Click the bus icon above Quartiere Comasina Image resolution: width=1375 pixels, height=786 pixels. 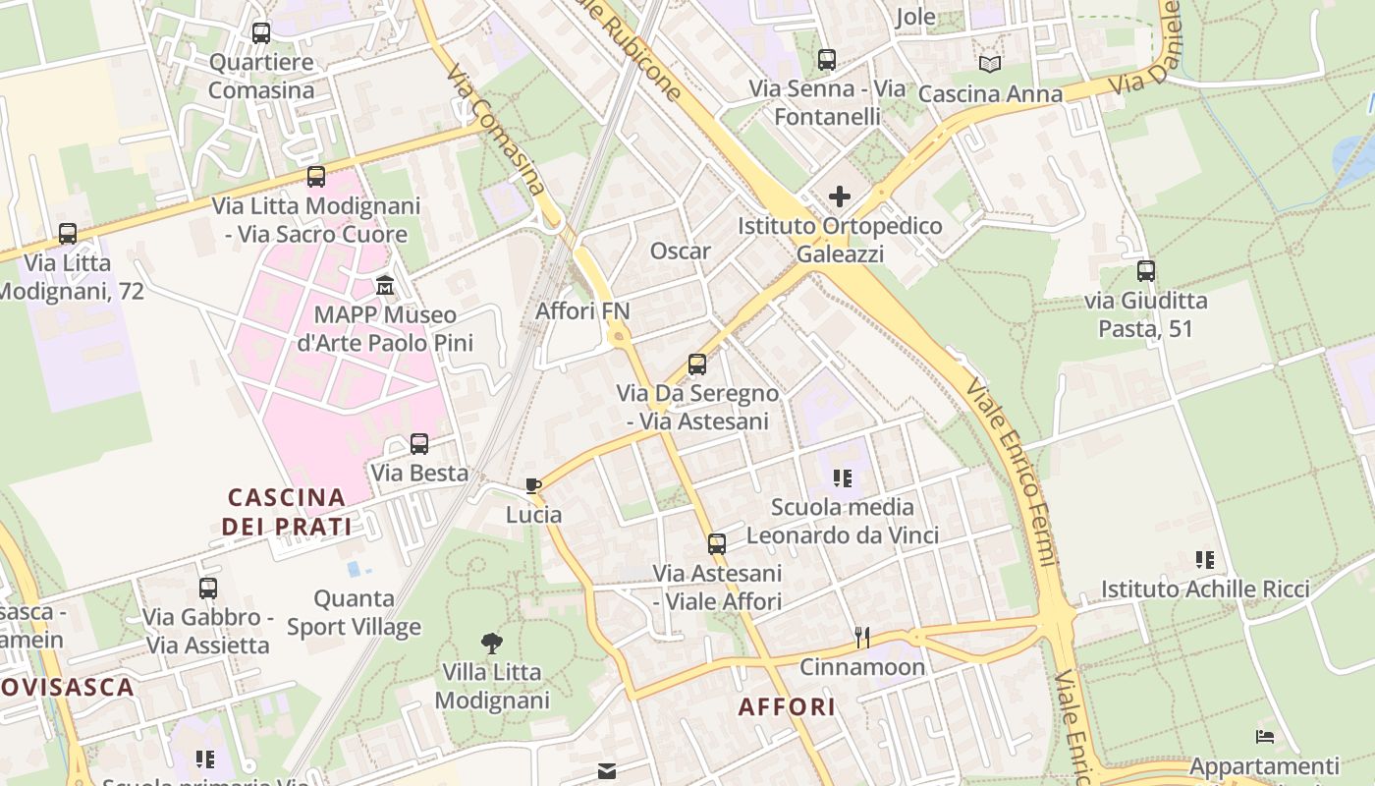261,33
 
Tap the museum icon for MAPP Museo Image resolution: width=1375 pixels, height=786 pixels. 385,286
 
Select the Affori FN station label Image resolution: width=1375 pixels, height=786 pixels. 582,311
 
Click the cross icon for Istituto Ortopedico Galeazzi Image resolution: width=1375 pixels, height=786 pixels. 840,196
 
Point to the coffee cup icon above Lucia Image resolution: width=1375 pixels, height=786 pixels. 533,485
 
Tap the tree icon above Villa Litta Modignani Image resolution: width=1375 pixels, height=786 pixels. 492,644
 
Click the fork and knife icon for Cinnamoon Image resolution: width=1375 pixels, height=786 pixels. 862,638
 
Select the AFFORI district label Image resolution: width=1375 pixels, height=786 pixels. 787,706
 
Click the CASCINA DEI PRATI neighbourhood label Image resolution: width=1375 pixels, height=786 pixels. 286,511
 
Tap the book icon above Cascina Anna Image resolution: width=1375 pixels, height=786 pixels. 990,64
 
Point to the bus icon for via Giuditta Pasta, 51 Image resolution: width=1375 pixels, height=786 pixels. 1146,271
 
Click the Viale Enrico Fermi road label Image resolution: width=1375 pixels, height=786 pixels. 1011,472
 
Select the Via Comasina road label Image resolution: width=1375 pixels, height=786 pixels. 495,129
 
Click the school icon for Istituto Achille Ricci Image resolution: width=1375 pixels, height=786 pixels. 1205,560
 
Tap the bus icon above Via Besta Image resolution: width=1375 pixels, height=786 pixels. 419,443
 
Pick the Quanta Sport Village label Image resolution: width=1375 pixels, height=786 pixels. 354,612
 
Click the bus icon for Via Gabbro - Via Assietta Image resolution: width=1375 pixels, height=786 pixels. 208,589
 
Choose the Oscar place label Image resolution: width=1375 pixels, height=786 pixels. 680,251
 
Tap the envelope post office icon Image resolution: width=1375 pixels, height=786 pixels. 607,771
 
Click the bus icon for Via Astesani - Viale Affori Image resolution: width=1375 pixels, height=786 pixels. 717,543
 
